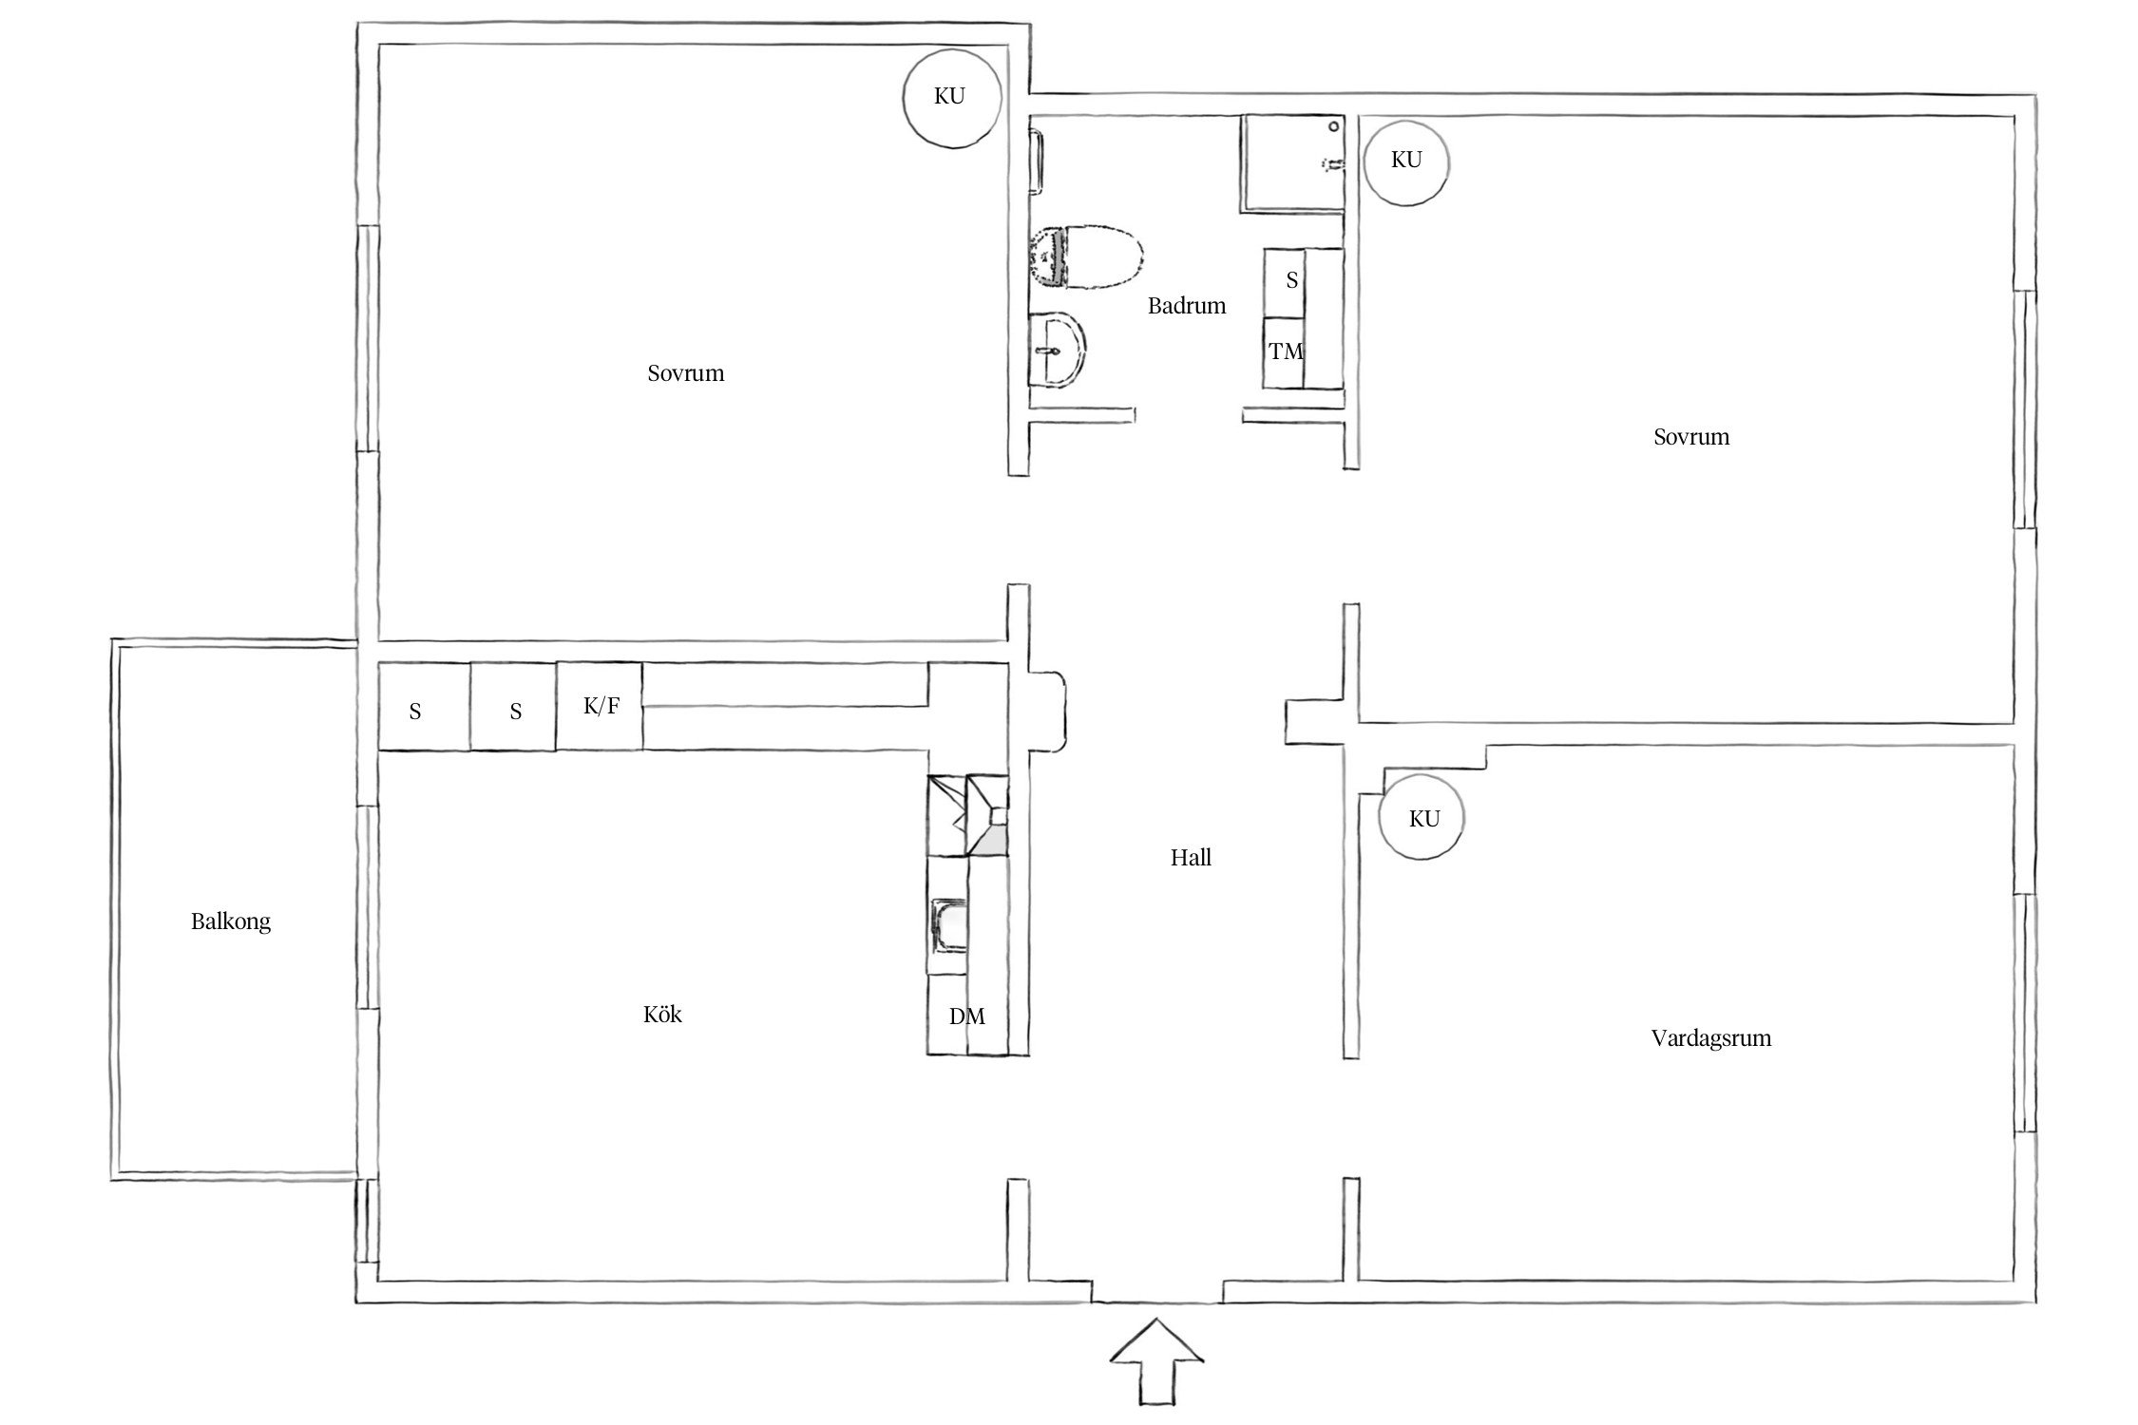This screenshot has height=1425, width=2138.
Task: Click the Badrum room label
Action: (x=1186, y=306)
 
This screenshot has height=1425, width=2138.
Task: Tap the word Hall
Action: (x=1191, y=858)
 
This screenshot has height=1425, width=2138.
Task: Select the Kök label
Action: (x=662, y=1015)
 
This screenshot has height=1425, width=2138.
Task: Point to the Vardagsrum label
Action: (x=1711, y=1038)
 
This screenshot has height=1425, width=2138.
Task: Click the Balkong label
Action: (x=231, y=921)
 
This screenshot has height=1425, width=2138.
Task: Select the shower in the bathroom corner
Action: (x=1292, y=163)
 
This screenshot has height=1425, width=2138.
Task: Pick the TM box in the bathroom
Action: (x=1284, y=352)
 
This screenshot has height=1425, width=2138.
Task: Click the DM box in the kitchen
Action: (x=967, y=1016)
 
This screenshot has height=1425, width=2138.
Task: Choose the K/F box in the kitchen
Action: (x=600, y=706)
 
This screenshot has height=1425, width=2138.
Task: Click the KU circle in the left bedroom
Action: (x=951, y=97)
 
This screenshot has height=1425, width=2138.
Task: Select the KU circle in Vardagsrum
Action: (x=1422, y=818)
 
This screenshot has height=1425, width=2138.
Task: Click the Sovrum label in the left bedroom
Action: (x=685, y=373)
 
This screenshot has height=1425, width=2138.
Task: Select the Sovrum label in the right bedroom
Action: (x=1691, y=437)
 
